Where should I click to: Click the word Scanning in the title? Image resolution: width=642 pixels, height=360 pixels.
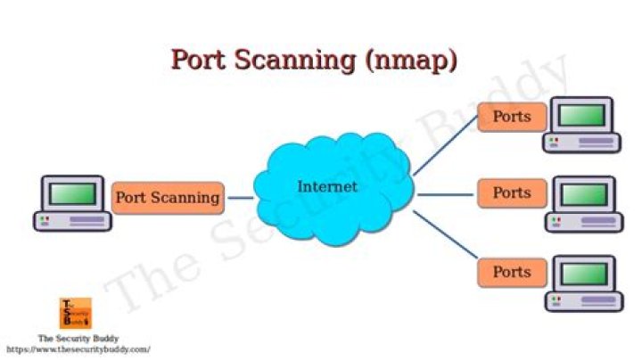[x=293, y=60]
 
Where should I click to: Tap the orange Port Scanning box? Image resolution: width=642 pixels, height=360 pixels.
[x=168, y=197]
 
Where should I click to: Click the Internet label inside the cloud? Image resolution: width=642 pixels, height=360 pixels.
[x=326, y=187]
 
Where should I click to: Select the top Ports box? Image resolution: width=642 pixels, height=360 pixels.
[x=511, y=117]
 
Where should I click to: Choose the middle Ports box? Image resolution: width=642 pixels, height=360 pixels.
[x=511, y=192]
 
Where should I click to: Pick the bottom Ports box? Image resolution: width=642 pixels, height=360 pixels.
[x=511, y=272]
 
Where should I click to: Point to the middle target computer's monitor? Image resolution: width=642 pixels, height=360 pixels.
[x=584, y=193]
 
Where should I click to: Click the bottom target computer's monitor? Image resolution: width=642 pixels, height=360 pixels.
[x=584, y=273]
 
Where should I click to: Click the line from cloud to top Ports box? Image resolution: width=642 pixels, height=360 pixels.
[x=443, y=147]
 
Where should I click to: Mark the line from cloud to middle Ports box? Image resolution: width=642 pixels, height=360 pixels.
[x=446, y=194]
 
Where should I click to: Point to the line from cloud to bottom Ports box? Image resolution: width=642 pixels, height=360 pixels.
[x=444, y=240]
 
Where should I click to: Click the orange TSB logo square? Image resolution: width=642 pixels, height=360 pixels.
[x=76, y=313]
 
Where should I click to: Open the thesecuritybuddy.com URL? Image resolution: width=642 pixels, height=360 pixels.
[x=78, y=350]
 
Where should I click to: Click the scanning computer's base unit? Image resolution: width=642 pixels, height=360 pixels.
[x=71, y=221]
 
